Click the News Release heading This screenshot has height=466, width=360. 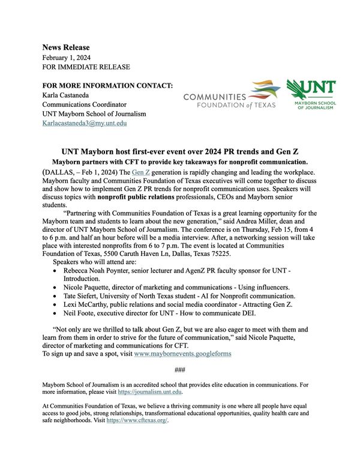tap(66, 47)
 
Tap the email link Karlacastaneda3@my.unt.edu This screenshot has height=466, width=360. tap(84, 123)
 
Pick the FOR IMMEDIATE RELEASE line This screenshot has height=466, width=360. tap(86, 67)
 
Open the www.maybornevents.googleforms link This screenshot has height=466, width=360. tap(182, 354)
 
